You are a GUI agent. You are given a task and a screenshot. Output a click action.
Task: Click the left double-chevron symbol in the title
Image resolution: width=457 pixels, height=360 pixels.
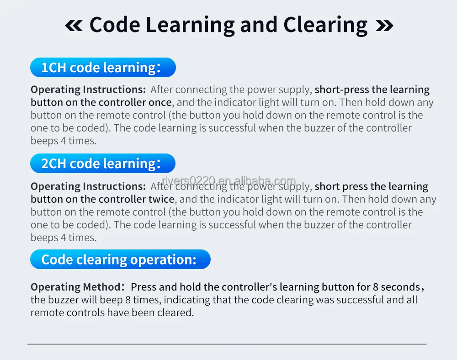point(74,26)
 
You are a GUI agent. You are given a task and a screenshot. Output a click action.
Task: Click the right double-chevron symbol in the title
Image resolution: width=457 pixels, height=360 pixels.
point(384,26)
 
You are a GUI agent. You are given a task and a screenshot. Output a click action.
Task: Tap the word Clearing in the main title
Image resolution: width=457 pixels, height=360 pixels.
point(325,26)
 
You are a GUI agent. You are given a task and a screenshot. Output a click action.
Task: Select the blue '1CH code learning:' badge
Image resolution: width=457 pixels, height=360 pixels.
point(103,67)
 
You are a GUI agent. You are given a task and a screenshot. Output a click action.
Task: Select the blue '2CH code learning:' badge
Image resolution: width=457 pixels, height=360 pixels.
point(102,163)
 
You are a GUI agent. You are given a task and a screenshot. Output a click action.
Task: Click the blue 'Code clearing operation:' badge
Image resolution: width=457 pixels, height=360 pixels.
point(120,259)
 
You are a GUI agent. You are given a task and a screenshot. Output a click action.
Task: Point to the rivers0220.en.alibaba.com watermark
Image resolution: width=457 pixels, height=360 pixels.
point(229,180)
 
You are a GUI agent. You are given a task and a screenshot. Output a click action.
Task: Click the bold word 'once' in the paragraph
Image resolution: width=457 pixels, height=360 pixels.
point(160,102)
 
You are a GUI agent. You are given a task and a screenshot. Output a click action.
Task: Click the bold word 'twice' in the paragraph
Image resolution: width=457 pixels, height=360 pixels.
point(161,199)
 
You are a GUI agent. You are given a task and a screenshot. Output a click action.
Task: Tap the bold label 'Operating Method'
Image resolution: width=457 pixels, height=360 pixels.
point(75,287)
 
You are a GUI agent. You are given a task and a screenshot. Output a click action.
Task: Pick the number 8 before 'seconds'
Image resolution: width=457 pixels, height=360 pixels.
point(375,287)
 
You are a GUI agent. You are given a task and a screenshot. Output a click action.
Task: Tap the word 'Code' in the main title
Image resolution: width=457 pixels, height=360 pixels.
point(115,25)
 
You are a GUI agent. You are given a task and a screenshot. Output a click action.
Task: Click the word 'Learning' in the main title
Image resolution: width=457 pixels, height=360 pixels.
point(190,26)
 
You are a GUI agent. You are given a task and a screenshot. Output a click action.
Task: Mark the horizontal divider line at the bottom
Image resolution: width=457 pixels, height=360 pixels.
point(227,344)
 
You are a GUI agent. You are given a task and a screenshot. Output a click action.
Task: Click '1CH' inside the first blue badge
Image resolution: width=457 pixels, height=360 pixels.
point(54,68)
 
